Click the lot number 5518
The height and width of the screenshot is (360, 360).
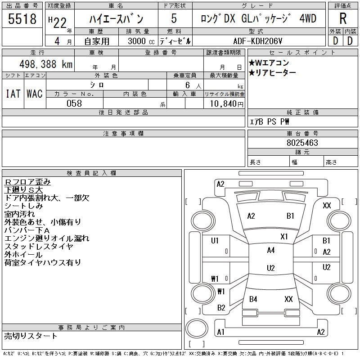point(22,19)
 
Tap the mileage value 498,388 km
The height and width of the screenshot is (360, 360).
point(45,64)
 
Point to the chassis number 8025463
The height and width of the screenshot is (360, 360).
point(302,143)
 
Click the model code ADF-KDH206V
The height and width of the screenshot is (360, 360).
point(259,40)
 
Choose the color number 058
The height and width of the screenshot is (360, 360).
point(74,103)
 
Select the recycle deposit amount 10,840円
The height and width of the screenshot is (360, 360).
point(224,103)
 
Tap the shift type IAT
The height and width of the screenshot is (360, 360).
point(13,94)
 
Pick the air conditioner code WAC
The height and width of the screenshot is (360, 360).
point(34,94)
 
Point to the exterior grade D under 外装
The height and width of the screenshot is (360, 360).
point(335,40)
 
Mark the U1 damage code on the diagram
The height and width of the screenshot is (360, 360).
point(215,241)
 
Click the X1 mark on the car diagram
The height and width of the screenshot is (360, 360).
point(284,236)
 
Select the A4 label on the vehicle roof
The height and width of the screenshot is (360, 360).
point(270,250)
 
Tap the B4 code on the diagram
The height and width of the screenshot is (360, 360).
point(253,299)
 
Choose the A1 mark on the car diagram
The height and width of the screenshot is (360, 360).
point(220,332)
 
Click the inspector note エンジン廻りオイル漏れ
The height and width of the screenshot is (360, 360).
point(47,238)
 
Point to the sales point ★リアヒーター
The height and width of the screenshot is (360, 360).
point(272,72)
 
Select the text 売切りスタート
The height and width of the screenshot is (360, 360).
point(31,336)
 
